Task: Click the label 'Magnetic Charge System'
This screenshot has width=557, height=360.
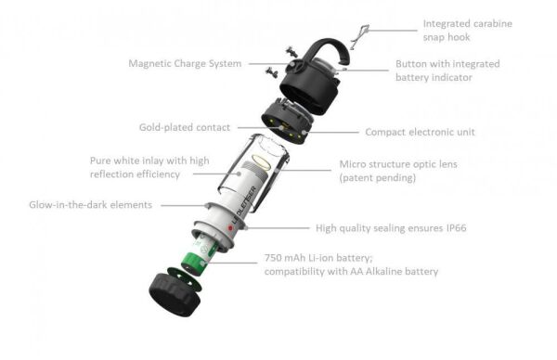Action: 185,64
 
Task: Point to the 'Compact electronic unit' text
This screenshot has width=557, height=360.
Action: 420,133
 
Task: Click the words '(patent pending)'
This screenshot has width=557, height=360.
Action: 378,177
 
